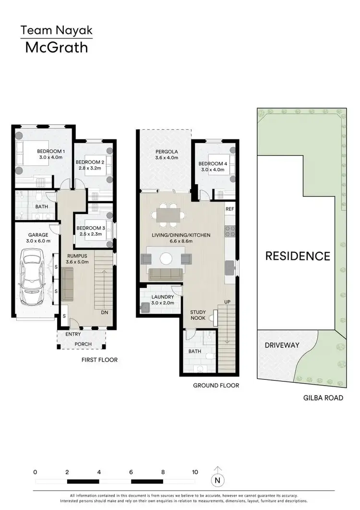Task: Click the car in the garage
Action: tap(31, 279)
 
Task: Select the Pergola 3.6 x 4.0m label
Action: tap(167, 154)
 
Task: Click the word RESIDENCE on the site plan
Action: tap(298, 255)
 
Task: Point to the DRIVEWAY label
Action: tap(282, 345)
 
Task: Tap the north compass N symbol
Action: tap(218, 479)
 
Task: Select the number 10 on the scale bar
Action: tap(194, 472)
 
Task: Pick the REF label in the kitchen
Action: tap(230, 209)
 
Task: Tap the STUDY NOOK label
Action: tap(198, 315)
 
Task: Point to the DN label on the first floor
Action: tap(105, 313)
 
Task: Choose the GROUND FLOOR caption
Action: tap(216, 385)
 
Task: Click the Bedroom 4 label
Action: tap(212, 166)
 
